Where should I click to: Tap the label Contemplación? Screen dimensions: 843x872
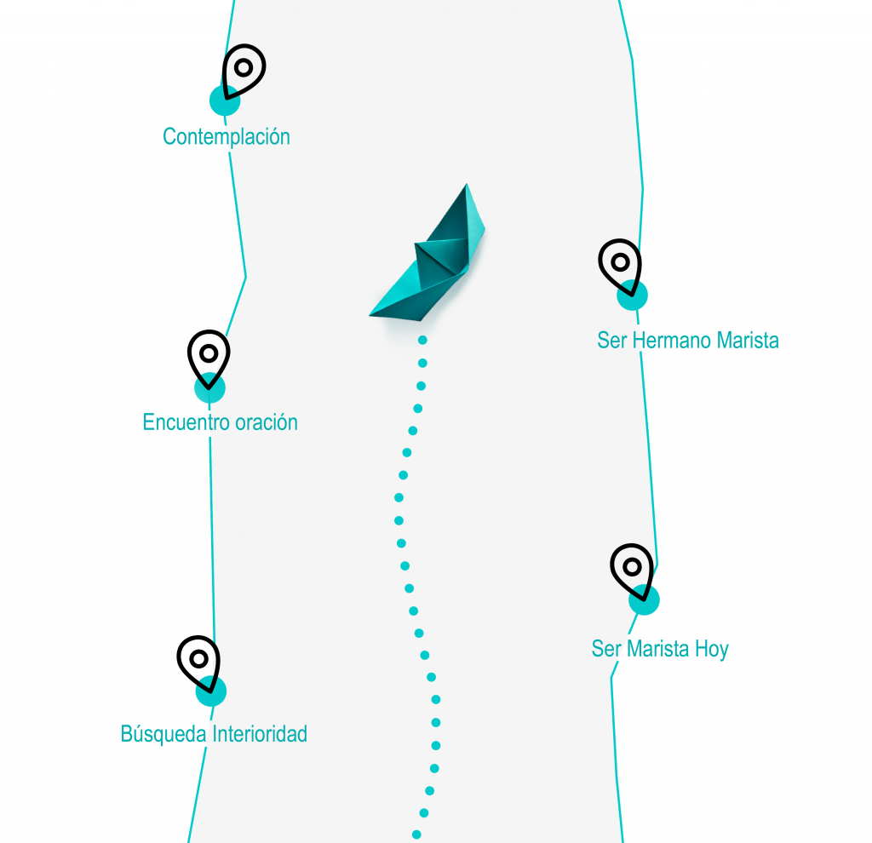[227, 136]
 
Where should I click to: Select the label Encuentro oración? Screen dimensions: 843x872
[220, 421]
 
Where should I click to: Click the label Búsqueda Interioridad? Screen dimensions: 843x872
[214, 734]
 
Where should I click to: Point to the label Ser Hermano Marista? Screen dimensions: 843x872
[688, 341]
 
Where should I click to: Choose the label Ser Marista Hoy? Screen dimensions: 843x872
[660, 649]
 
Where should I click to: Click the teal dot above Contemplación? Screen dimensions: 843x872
[223, 100]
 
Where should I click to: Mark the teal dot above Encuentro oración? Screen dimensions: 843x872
[209, 387]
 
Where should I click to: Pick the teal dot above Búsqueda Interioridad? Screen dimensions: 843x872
[210, 691]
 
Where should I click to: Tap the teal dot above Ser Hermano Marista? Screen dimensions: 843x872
[633, 295]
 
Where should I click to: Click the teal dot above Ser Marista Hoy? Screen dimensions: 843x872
[645, 600]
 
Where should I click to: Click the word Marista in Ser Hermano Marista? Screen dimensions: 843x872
[747, 341]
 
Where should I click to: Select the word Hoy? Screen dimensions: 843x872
[711, 649]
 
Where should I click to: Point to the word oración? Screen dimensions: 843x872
[267, 421]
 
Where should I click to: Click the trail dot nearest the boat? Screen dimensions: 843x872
[422, 341]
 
